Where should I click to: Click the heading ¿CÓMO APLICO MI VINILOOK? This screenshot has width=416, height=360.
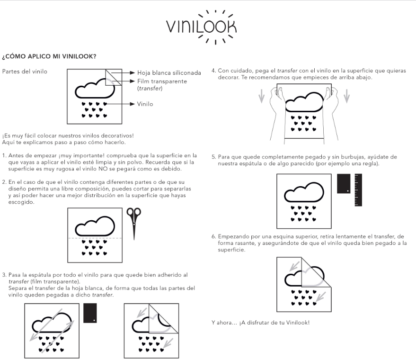click(x=50, y=57)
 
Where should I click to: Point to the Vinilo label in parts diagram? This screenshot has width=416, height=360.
click(x=145, y=103)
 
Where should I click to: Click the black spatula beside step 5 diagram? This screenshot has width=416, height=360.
click(x=344, y=183)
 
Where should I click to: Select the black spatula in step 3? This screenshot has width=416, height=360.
click(x=90, y=313)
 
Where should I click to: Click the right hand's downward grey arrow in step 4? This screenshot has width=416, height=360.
click(x=347, y=96)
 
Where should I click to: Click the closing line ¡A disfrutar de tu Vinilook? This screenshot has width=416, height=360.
click(x=261, y=323)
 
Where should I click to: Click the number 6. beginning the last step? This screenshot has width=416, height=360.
click(x=214, y=235)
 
